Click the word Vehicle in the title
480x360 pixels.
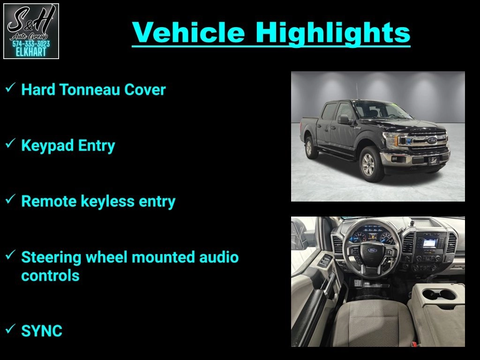point(188,32)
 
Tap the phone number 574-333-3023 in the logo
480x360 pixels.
point(31,44)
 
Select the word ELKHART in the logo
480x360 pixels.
point(31,52)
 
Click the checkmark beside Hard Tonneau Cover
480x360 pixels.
point(10,88)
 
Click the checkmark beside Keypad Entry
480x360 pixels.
point(10,143)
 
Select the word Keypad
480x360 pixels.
point(47,146)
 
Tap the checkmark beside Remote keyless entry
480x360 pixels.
point(10,199)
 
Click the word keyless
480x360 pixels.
point(107,202)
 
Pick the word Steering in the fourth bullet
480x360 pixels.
point(51,258)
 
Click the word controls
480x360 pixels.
point(50,276)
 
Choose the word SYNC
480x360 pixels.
point(42,331)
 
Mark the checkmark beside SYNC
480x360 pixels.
point(10,329)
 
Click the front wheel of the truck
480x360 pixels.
point(371,164)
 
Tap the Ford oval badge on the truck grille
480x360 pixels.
point(432,140)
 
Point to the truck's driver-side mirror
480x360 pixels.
point(344,119)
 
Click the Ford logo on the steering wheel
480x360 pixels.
point(372,250)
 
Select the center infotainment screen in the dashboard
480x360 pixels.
point(430,243)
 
